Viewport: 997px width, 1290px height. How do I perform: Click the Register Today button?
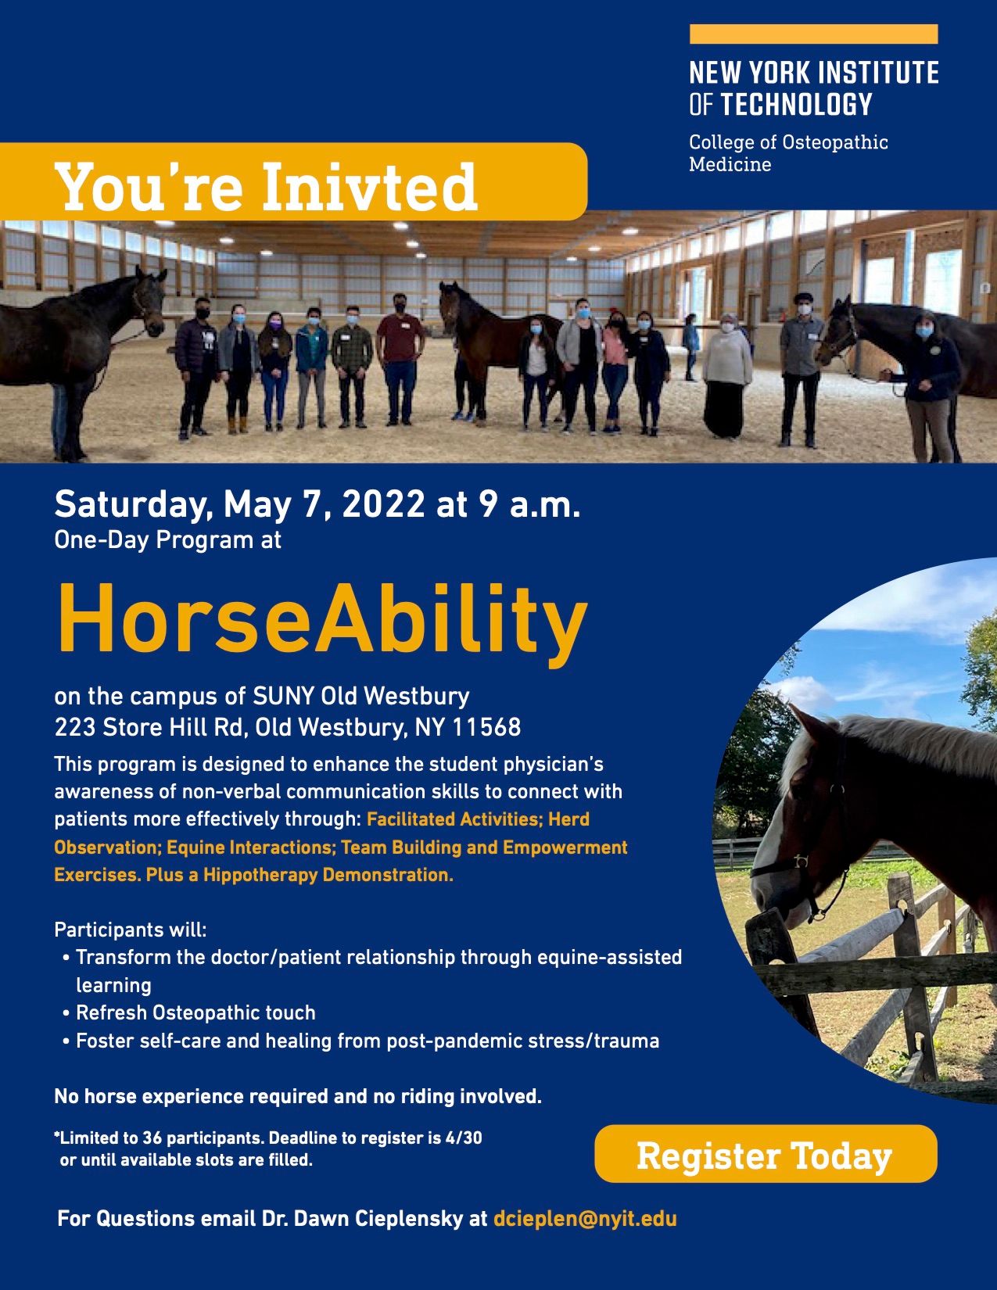click(x=766, y=1155)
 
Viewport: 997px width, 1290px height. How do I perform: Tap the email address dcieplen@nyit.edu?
click(x=585, y=1220)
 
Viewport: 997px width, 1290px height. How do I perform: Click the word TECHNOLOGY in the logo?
click(x=796, y=104)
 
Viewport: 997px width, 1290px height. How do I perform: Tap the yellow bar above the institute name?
click(x=813, y=34)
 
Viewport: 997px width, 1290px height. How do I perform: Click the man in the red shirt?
click(x=400, y=359)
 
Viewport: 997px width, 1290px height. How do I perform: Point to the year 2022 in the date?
click(x=384, y=505)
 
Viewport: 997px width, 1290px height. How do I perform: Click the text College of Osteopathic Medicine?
click(x=788, y=153)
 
